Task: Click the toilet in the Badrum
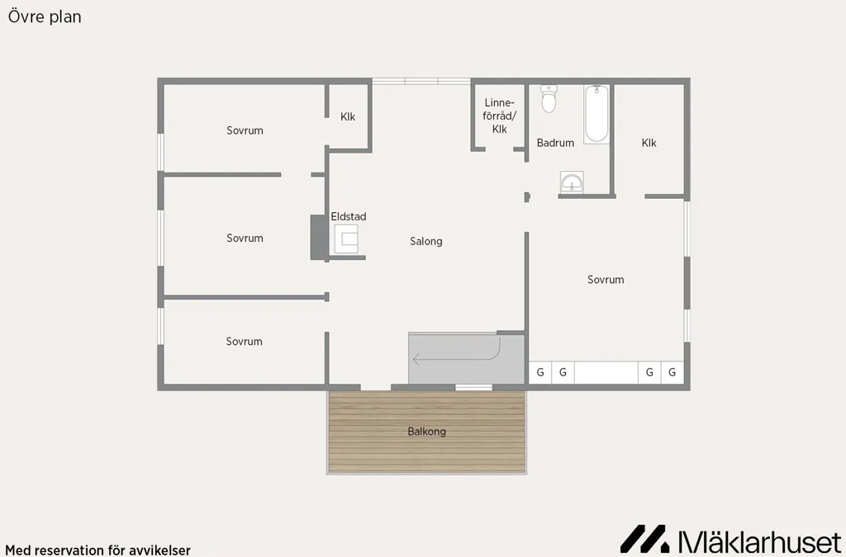click(549, 98)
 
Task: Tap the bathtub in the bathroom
click(596, 114)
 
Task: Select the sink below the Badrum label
click(572, 182)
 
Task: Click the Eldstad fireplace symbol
click(346, 238)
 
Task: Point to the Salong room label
click(426, 241)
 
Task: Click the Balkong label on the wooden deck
click(427, 432)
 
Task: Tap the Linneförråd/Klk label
click(500, 116)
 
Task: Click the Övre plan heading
click(45, 17)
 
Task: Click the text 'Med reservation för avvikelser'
click(97, 550)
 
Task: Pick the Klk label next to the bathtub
click(649, 143)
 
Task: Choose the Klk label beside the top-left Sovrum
click(348, 116)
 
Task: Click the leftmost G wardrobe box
click(540, 372)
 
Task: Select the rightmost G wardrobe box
click(673, 372)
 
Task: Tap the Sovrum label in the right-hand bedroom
click(606, 280)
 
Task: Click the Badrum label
click(555, 143)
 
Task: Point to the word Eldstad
click(349, 216)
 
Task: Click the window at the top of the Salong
click(421, 82)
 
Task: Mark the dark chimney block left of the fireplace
click(318, 238)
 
